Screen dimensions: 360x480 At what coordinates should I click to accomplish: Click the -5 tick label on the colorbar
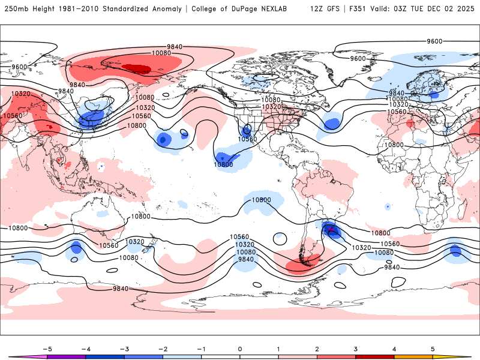pos(46,349)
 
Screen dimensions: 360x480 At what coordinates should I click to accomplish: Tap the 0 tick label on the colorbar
pos(240,349)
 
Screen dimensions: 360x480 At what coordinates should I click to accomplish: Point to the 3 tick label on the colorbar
pos(356,349)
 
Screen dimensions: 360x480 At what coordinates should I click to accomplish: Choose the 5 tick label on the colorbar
pos(433,349)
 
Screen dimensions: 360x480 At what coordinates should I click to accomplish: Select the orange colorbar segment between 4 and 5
pos(413,356)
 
